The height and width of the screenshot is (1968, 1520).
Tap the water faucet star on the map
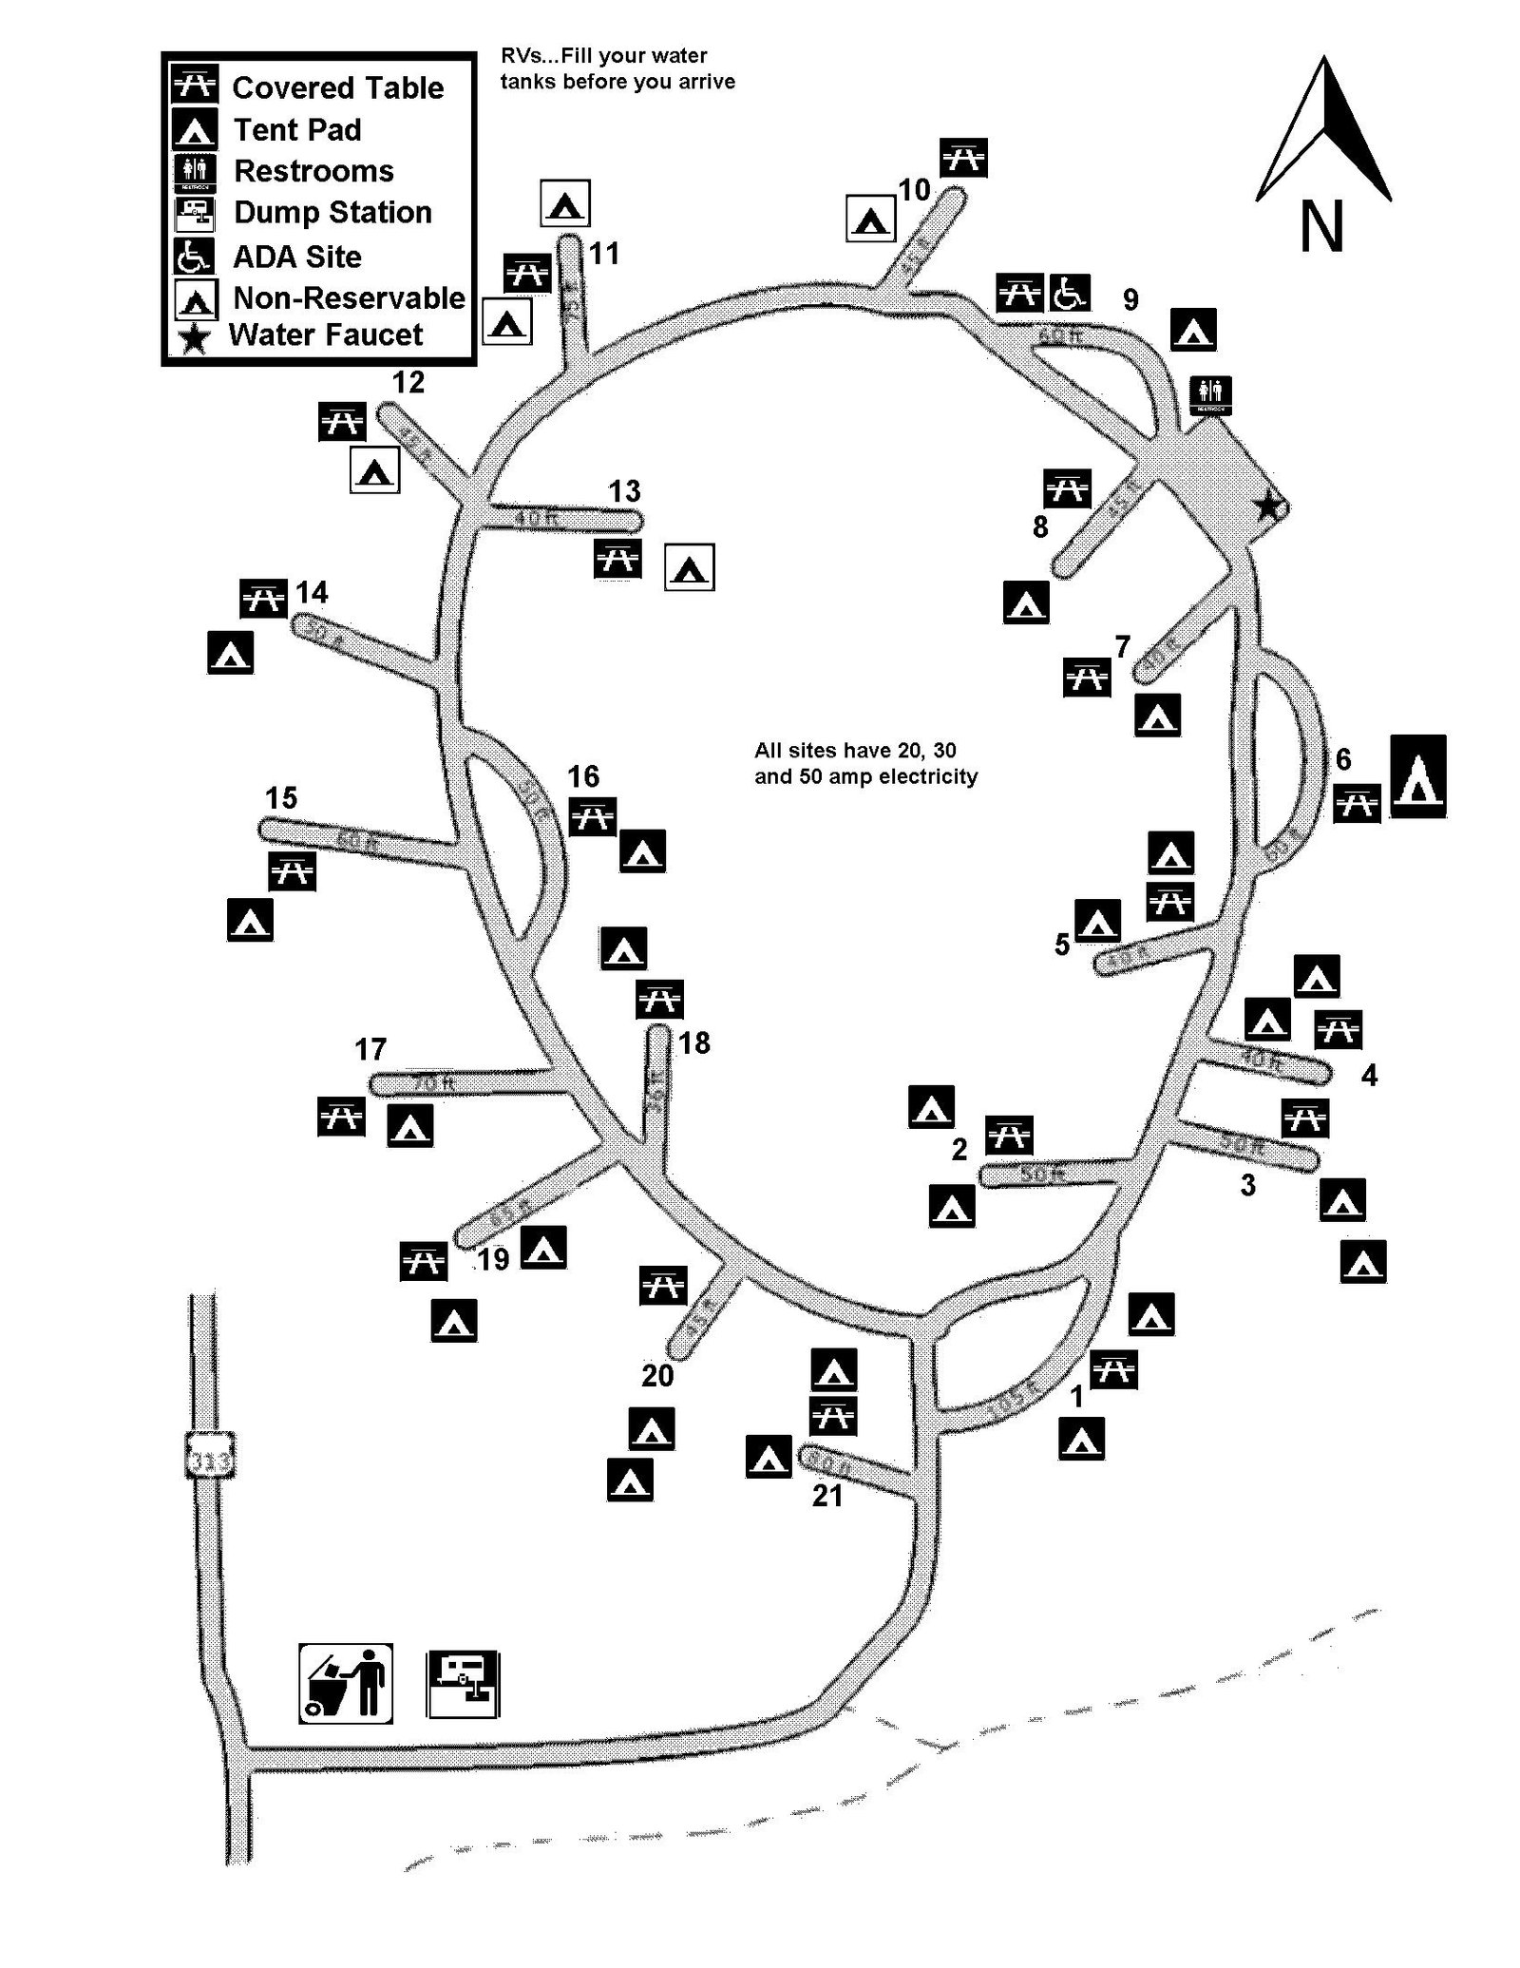tap(1267, 507)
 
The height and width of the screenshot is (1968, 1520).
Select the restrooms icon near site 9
tap(1210, 394)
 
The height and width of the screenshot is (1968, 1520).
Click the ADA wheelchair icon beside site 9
tap(1069, 293)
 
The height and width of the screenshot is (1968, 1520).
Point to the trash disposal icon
tap(347, 1682)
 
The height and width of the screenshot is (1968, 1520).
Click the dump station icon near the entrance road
tap(463, 1684)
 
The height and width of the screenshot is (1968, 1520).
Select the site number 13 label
tap(624, 491)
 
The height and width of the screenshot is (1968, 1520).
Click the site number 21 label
tap(827, 1496)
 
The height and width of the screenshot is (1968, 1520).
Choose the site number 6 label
tap(1343, 758)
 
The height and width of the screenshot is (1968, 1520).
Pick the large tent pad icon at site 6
tap(1418, 776)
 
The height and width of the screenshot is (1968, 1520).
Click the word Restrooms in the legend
tap(313, 171)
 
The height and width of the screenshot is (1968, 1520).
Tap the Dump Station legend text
tap(332, 212)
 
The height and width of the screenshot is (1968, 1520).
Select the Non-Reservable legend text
tap(349, 297)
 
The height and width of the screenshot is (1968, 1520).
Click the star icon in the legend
tap(195, 337)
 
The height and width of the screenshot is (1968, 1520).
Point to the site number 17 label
tap(370, 1049)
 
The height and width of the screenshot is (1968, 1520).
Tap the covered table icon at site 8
tap(1067, 488)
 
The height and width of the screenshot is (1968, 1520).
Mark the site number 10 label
tap(914, 190)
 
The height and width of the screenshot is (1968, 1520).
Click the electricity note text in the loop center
tap(865, 763)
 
